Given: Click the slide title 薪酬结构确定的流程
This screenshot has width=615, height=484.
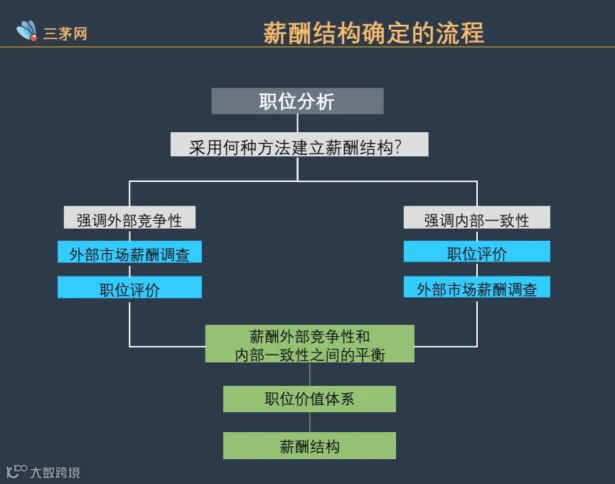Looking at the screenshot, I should pos(373,33).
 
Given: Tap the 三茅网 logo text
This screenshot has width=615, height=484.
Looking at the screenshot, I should pos(65,33).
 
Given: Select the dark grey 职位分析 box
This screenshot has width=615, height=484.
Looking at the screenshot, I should pos(297,101).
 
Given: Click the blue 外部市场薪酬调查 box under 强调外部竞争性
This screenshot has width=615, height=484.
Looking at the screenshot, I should pos(129,252).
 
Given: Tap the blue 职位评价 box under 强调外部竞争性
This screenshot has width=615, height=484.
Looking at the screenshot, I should pos(129,288).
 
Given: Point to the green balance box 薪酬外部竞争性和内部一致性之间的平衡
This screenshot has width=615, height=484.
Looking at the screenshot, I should pos(309,344).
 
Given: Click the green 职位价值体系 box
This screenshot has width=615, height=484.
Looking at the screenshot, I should pos(309,399).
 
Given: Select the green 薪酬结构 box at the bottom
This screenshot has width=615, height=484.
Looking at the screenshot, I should pos(309,446).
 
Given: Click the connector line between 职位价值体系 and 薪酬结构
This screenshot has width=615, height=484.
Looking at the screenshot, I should pos(309,422).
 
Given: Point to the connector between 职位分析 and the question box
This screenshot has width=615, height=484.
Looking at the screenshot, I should pos(297,123).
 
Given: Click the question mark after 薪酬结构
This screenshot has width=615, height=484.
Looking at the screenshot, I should pos(398,148).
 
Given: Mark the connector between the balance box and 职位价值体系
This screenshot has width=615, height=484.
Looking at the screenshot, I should pos(309,375).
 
